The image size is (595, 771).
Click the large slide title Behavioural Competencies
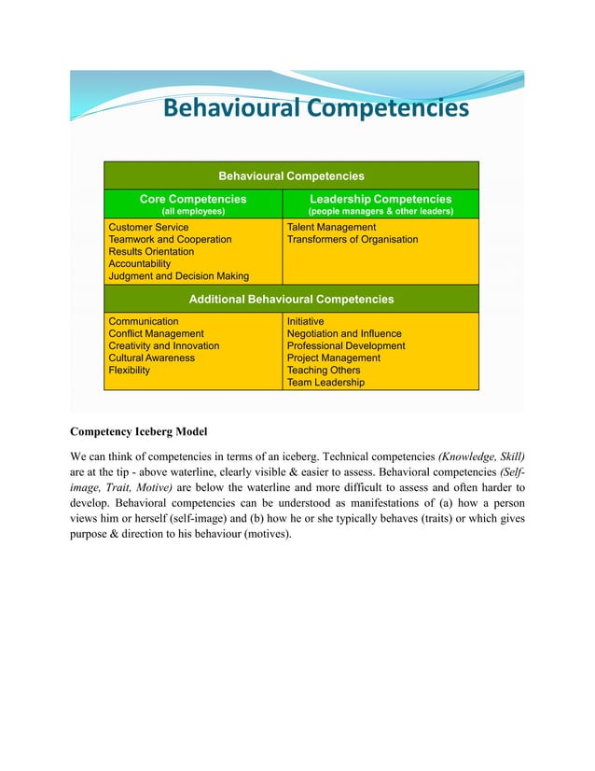[315, 110]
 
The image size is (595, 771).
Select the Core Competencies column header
[193, 199]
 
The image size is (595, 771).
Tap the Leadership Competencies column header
[381, 199]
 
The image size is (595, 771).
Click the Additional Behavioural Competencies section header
[291, 300]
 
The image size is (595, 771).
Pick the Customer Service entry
[148, 227]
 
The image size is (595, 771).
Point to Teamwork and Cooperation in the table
[170, 240]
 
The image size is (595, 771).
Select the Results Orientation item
[151, 252]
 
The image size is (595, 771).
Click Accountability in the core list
[141, 264]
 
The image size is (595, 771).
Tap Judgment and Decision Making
[179, 276]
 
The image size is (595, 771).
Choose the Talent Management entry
[331, 227]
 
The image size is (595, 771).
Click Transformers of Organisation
[353, 240]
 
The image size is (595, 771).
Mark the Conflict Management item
[156, 333]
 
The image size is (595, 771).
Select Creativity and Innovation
[164, 345]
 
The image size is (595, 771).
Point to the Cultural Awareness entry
[152, 357]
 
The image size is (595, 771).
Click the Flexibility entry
[129, 370]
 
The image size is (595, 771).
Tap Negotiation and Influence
[344, 333]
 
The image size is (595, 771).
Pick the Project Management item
[333, 357]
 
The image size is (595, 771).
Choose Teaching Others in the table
[324, 370]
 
